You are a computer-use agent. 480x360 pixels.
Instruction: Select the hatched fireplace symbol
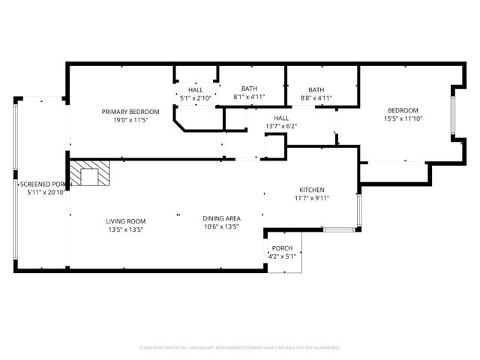90,172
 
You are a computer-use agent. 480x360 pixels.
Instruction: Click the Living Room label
125,221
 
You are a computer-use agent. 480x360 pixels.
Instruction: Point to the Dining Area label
221,218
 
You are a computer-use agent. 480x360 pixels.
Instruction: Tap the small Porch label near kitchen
282,248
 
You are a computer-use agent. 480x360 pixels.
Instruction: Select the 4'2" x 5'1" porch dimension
282,256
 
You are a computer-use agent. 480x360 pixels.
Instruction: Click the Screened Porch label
45,184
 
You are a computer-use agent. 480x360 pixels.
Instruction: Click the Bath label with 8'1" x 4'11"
248,88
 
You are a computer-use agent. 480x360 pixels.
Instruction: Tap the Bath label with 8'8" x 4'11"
316,89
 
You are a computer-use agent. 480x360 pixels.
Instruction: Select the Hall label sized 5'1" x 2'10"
195,90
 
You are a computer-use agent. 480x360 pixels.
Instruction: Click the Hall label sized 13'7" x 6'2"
281,118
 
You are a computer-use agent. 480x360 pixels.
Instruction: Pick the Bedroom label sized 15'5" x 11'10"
403,109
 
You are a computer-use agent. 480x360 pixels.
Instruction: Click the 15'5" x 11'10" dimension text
403,118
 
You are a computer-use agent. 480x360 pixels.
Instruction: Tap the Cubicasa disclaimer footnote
240,347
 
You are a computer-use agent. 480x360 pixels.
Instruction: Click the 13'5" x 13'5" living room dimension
125,229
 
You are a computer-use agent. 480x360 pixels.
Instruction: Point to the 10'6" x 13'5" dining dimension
221,226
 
